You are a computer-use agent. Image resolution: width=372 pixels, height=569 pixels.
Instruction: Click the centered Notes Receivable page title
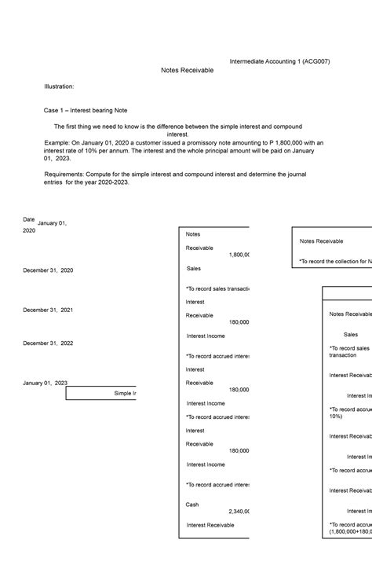(x=187, y=70)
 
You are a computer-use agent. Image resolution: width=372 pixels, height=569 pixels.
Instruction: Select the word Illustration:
(x=59, y=86)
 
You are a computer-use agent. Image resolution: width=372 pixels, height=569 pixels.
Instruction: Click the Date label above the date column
(x=29, y=219)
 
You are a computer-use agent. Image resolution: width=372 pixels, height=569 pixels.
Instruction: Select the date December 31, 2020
(x=48, y=270)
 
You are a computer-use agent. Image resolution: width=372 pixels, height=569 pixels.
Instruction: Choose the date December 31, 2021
(x=48, y=310)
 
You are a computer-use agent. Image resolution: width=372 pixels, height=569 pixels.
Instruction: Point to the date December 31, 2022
(x=48, y=343)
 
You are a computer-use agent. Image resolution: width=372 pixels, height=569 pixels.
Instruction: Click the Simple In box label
(x=125, y=393)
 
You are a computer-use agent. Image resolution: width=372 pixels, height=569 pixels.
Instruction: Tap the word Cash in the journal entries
(x=192, y=505)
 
